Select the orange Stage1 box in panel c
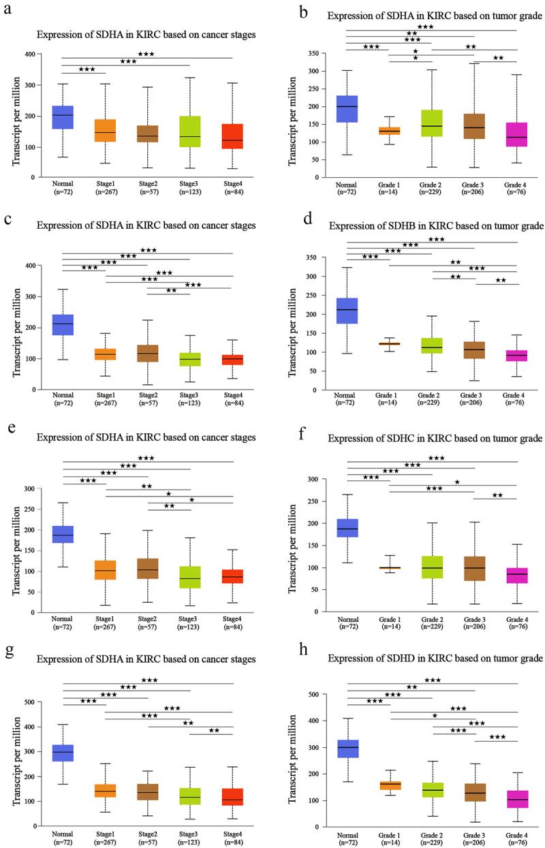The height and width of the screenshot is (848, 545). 105,354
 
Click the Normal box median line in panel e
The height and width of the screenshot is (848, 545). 63,535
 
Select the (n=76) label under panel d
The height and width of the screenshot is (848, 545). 517,408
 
